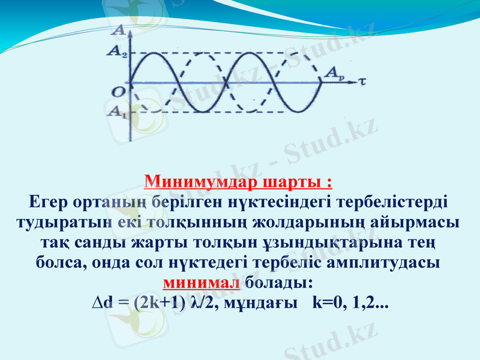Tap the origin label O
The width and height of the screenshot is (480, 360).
click(118, 91)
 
